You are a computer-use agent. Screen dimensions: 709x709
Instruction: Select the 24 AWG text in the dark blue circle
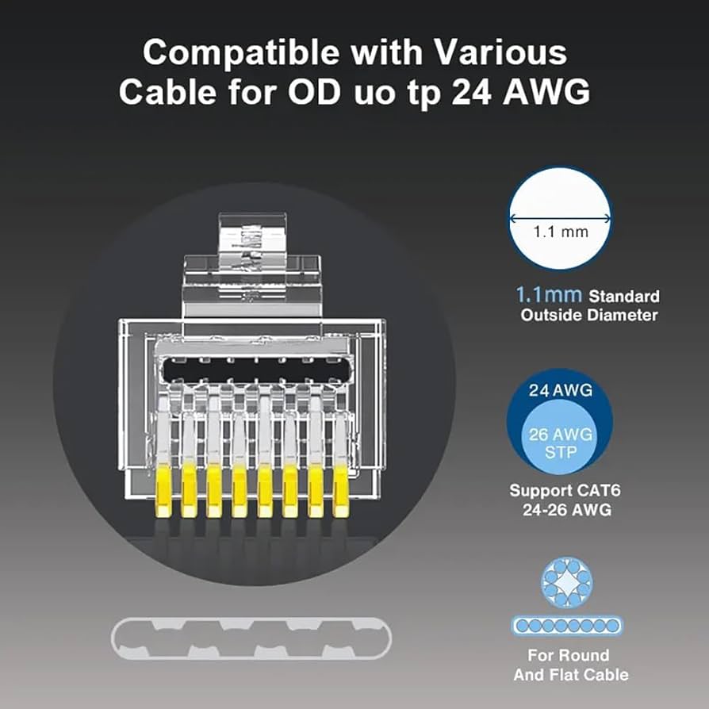[560, 391]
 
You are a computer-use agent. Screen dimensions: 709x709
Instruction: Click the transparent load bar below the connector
[251, 639]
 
